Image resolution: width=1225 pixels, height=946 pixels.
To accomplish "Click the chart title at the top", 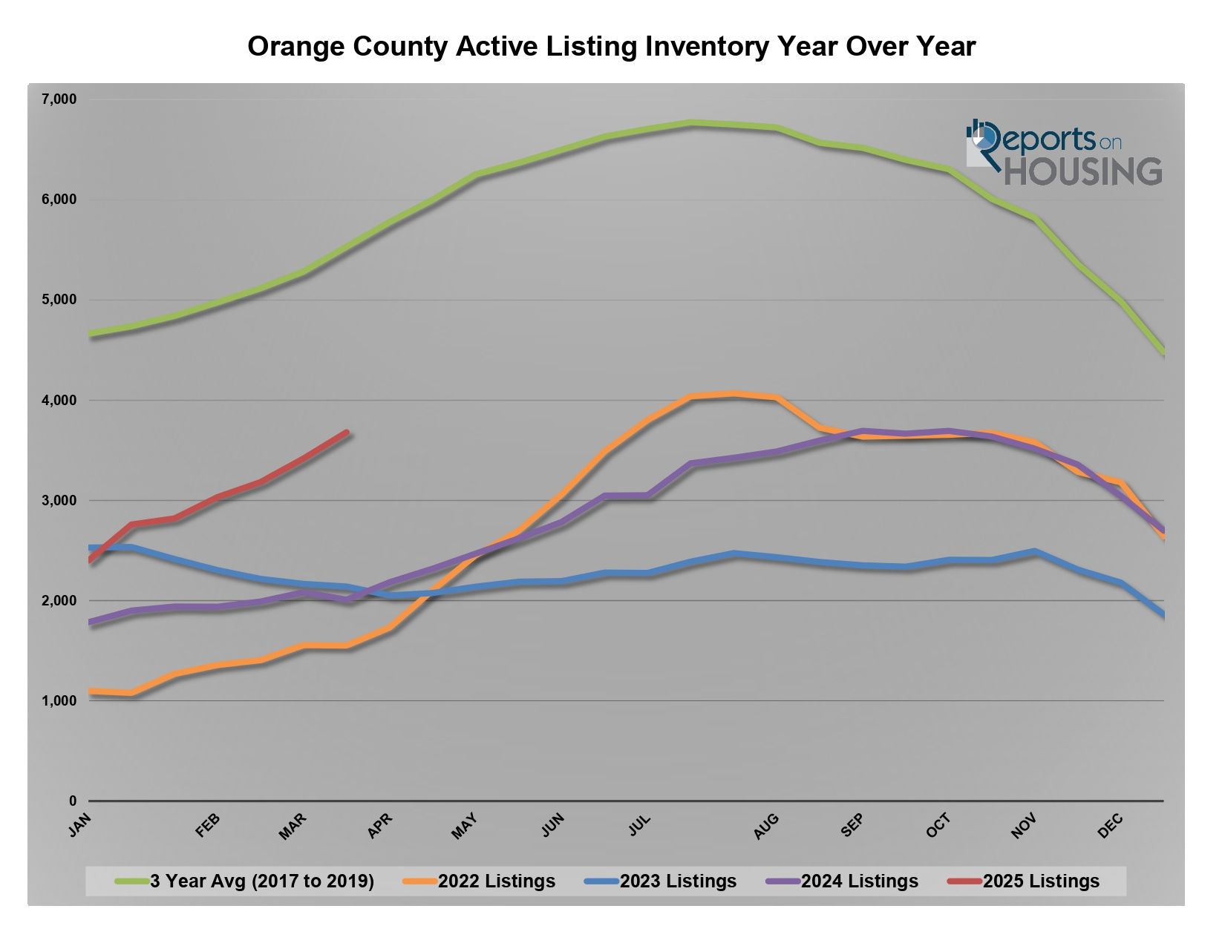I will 611,47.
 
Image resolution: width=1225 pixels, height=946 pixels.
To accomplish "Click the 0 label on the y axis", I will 72,801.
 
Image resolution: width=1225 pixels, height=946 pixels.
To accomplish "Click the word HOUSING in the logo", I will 1083,171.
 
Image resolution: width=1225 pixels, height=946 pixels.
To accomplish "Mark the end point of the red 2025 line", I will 346,433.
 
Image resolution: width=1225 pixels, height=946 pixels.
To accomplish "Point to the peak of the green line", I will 691,123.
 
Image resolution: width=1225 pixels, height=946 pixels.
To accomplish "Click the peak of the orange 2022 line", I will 734,394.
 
